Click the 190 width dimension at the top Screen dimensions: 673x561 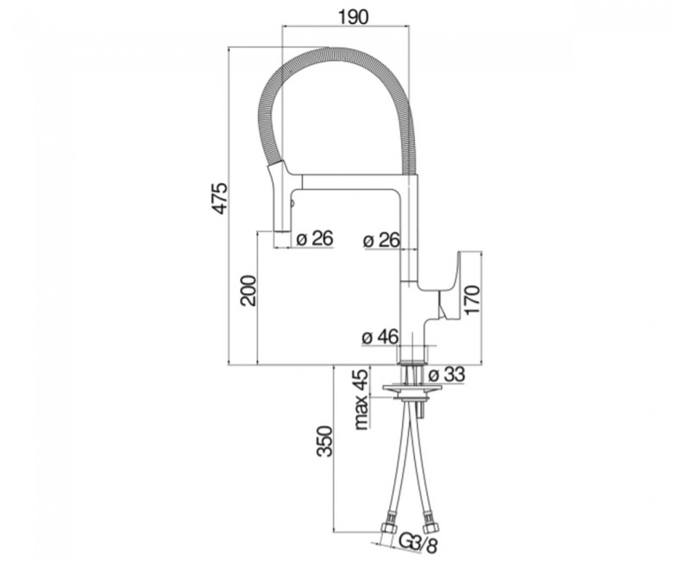(x=353, y=16)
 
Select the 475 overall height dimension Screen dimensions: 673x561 (x=220, y=199)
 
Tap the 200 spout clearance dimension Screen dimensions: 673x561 (x=248, y=290)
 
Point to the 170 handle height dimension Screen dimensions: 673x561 (x=472, y=299)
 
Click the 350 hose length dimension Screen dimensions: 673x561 (x=324, y=441)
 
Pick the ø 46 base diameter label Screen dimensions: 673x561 (x=381, y=337)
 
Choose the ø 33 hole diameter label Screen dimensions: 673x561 (x=447, y=375)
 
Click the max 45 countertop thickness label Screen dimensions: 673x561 (x=362, y=400)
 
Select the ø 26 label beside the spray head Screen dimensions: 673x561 (x=315, y=238)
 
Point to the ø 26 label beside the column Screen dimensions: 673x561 (x=381, y=240)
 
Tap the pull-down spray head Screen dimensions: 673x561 (x=280, y=198)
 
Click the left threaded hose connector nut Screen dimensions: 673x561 (x=388, y=526)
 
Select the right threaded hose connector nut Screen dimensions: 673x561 (x=430, y=526)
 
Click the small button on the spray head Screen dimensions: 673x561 (x=292, y=203)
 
